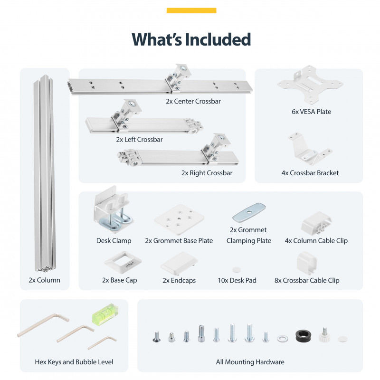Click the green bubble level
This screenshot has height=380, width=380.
pos(105,313)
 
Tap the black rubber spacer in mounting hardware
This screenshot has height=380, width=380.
pos(303,336)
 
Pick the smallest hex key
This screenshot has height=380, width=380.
pos(102,342)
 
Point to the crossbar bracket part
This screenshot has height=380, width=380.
pos(310,149)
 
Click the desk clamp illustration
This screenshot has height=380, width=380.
pos(112,208)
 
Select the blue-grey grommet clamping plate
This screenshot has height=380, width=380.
pos(249,212)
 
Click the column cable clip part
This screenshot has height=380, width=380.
pos(316,223)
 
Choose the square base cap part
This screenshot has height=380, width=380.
pos(123,262)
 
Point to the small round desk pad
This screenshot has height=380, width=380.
pos(236,269)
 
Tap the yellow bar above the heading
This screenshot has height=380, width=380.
pos(191,10)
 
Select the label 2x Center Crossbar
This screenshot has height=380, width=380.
pos(193,101)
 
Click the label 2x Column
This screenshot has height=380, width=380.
pos(44,280)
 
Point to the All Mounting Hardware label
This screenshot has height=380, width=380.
pos(250,362)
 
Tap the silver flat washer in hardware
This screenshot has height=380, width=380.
pos(283,338)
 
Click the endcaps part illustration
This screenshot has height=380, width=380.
pos(179,264)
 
